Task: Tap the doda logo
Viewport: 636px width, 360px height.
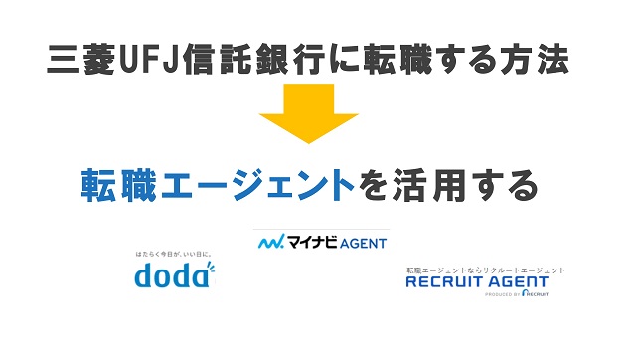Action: pos(174,273)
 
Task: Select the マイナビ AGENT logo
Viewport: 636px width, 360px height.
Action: pos(322,242)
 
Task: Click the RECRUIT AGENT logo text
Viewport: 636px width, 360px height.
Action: pos(477,281)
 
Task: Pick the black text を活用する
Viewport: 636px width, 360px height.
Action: pos(448,186)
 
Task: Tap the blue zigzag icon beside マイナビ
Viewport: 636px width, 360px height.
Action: pos(270,242)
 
